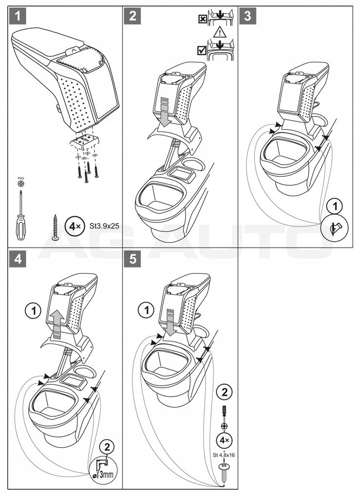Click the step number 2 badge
point(132,17)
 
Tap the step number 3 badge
point(247,17)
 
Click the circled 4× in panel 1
point(73,226)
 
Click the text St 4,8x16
point(224,455)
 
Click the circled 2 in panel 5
point(224,392)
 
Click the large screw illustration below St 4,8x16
point(224,471)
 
